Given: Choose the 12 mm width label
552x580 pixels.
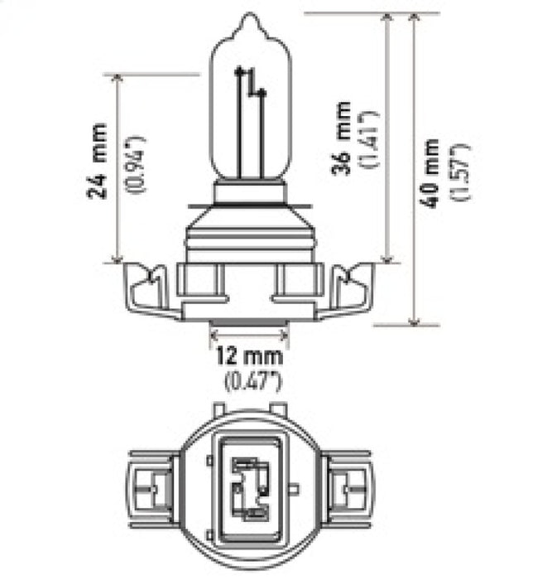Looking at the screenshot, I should [249, 357].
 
